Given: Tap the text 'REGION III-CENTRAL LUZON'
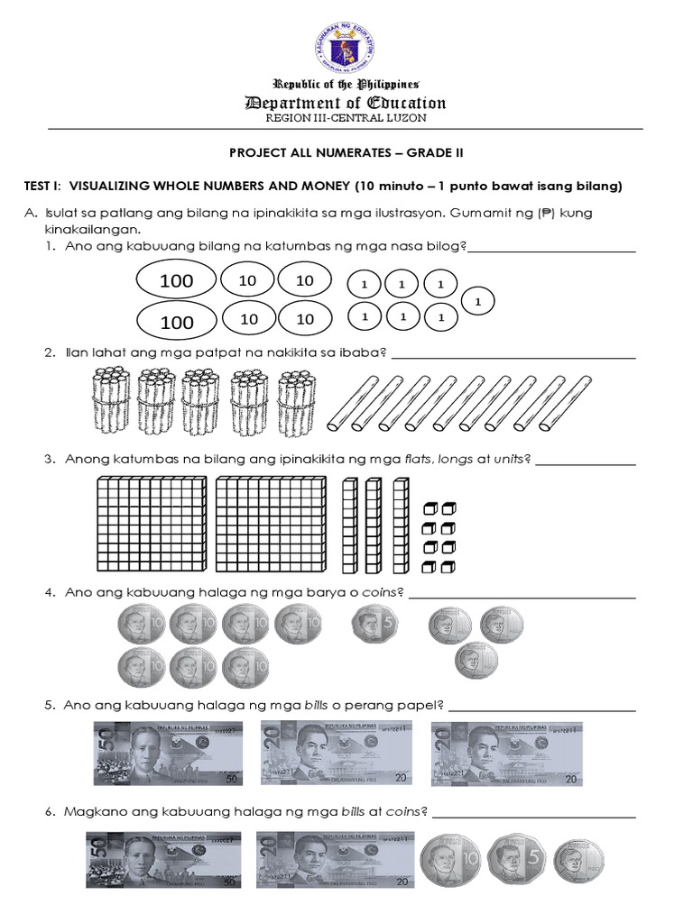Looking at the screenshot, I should coord(346,118).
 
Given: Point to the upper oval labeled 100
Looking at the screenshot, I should coord(176,280).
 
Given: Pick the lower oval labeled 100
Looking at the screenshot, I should coord(176,321).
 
